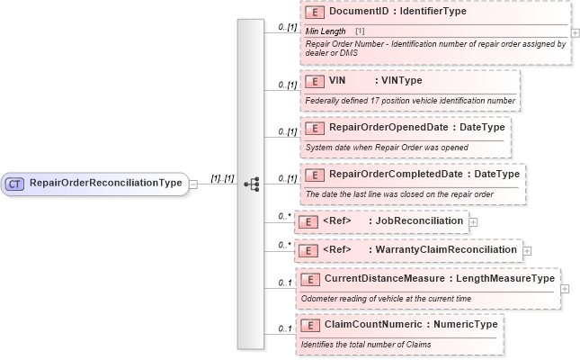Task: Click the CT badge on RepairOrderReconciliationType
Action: pyautogui.click(x=15, y=184)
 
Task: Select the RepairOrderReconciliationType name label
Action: pyautogui.click(x=106, y=184)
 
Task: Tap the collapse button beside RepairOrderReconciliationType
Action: pyautogui.click(x=193, y=184)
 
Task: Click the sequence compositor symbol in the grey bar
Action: pyautogui.click(x=251, y=184)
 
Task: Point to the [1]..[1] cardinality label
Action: pyautogui.click(x=221, y=178)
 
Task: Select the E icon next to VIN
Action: pyautogui.click(x=314, y=81)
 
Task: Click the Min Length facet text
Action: pyautogui.click(x=325, y=31)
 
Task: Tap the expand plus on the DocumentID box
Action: pyautogui.click(x=575, y=33)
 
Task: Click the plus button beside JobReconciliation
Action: pyautogui.click(x=473, y=221)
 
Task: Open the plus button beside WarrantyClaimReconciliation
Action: pyautogui.click(x=527, y=250)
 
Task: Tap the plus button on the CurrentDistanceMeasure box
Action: pyautogui.click(x=565, y=289)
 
